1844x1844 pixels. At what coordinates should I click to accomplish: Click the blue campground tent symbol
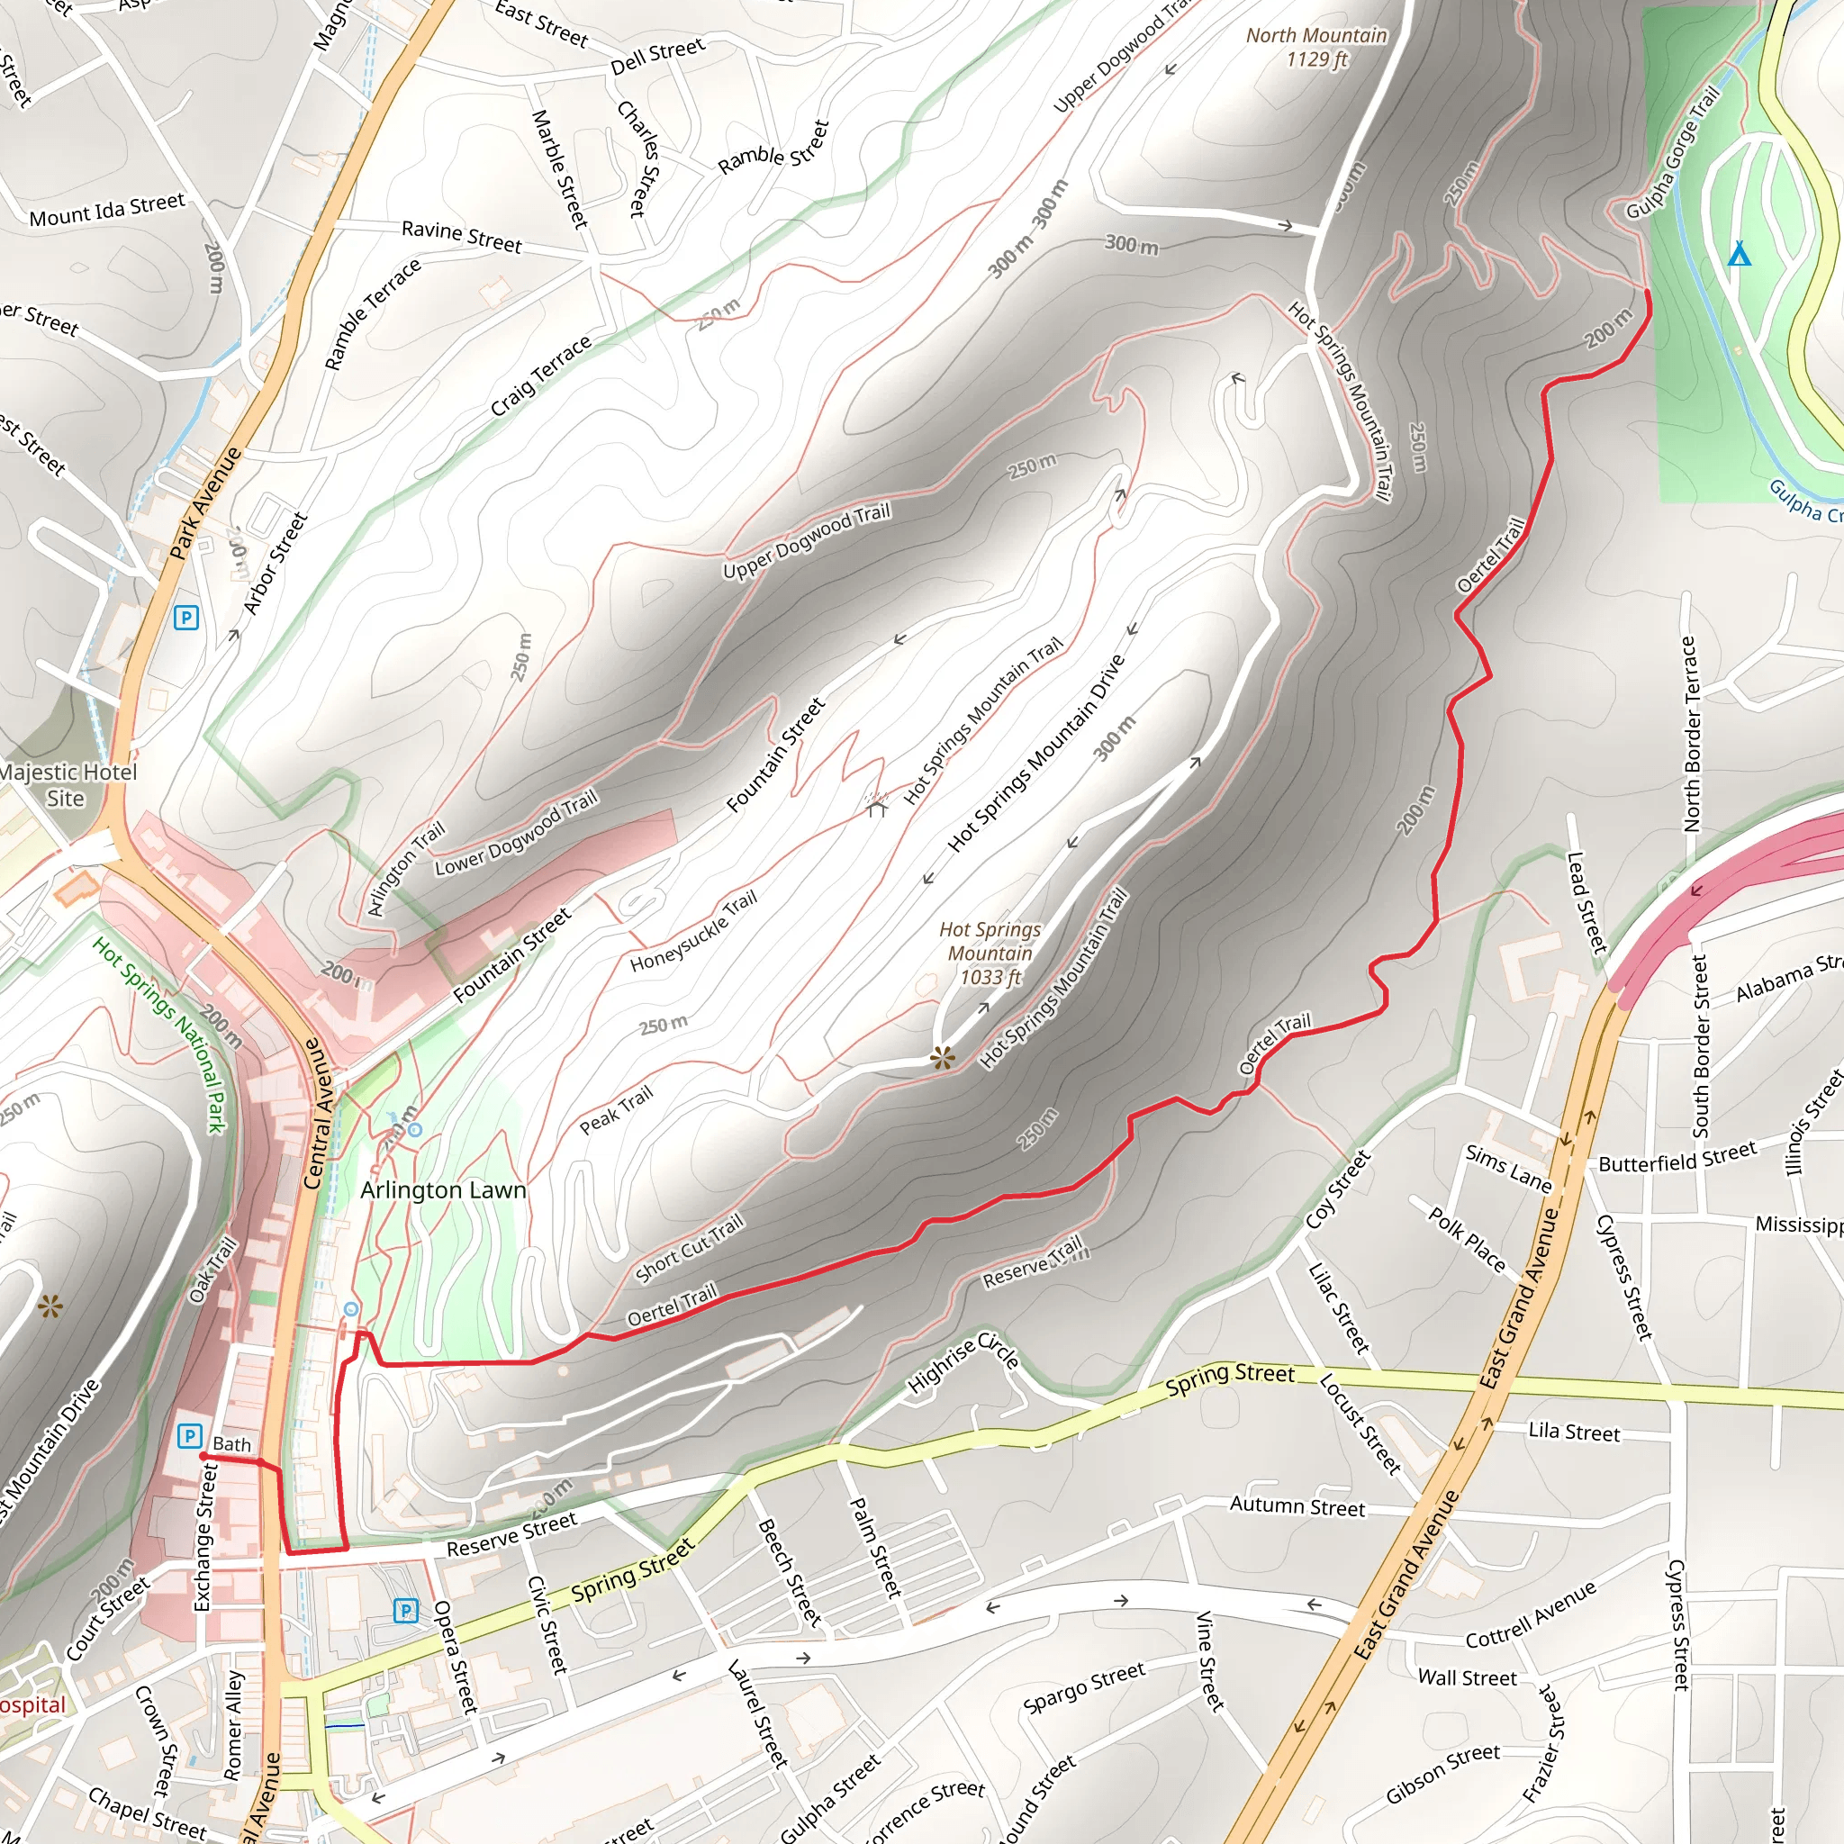click(1739, 254)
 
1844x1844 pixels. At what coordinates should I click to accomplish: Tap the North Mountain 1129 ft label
click(1316, 47)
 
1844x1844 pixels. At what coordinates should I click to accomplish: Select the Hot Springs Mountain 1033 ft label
click(990, 953)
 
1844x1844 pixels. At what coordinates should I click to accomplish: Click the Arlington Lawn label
click(443, 1190)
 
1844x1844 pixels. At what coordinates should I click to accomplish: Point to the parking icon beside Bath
click(190, 1435)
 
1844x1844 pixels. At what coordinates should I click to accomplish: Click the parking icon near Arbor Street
click(186, 618)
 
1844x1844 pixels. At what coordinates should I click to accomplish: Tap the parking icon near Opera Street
click(406, 1611)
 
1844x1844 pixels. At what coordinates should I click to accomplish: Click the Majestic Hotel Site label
click(67, 784)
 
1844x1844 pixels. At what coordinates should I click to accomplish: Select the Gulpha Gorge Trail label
click(1672, 153)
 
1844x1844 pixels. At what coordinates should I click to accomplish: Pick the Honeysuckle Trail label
click(694, 931)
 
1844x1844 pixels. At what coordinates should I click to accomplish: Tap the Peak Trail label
click(617, 1110)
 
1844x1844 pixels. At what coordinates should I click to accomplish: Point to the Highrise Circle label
click(963, 1362)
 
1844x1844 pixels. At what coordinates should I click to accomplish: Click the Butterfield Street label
click(1677, 1157)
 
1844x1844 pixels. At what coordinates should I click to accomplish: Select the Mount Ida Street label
click(107, 210)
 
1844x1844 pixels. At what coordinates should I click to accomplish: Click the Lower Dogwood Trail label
click(516, 833)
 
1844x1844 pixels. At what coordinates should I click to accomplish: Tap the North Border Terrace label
click(1690, 734)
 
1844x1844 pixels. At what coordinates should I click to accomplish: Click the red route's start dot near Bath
click(203, 1457)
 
